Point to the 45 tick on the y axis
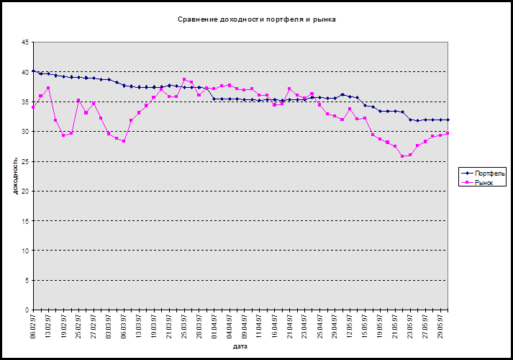click(x=25, y=42)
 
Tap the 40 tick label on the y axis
click(x=25, y=72)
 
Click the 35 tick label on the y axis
click(x=25, y=102)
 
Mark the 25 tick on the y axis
click(x=25, y=161)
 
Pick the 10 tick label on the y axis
click(x=25, y=251)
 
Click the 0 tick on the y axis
click(x=27, y=310)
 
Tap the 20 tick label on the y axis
click(x=25, y=191)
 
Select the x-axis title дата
click(x=241, y=346)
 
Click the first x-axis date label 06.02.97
click(x=33, y=323)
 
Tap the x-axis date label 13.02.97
click(x=48, y=323)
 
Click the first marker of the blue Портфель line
click(x=33, y=71)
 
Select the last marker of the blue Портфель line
click(x=448, y=120)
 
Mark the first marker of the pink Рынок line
click(x=33, y=107)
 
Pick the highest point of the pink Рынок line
click(x=184, y=79)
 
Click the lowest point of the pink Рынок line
click(x=403, y=156)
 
